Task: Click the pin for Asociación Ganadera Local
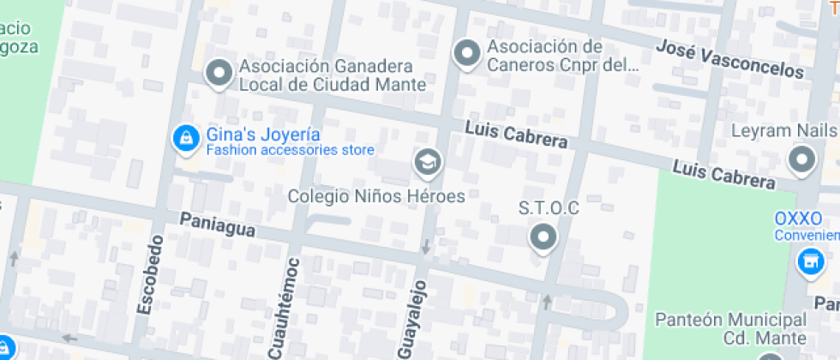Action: click(x=220, y=74)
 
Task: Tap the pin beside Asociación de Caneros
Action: click(x=466, y=54)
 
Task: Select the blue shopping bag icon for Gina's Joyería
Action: click(x=184, y=138)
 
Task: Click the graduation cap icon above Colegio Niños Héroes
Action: click(x=426, y=161)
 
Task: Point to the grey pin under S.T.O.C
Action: click(x=543, y=237)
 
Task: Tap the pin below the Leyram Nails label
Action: click(x=802, y=159)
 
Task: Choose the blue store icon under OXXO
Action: click(x=808, y=262)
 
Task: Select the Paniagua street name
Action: click(x=218, y=225)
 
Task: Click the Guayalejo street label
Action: click(x=411, y=317)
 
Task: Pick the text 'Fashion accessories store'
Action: click(x=290, y=151)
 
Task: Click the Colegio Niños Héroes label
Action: click(x=376, y=196)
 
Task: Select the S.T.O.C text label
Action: click(x=549, y=208)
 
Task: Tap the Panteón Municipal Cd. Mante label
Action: click(x=730, y=328)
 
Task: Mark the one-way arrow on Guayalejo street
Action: click(x=426, y=248)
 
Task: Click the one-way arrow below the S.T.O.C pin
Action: click(x=546, y=302)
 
